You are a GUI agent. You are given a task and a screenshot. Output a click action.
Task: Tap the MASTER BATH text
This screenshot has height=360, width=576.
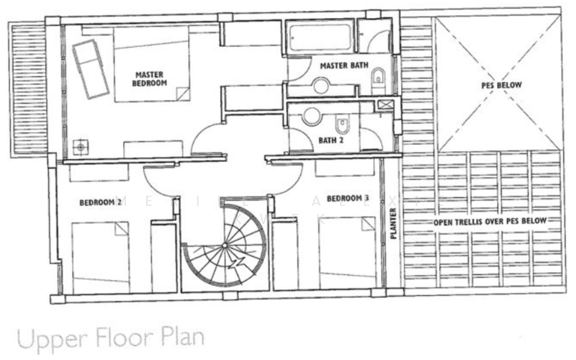point(344,66)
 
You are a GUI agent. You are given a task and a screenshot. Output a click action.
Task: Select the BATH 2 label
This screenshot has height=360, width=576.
point(331,140)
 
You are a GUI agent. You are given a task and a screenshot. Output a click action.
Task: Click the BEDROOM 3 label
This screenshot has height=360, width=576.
point(348,198)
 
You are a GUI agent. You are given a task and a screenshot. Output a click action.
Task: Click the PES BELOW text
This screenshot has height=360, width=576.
point(501,84)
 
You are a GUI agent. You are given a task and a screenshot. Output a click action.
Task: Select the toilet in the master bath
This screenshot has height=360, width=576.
point(379,78)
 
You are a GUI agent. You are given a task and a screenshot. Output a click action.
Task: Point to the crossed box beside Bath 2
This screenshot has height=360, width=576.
point(387,106)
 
